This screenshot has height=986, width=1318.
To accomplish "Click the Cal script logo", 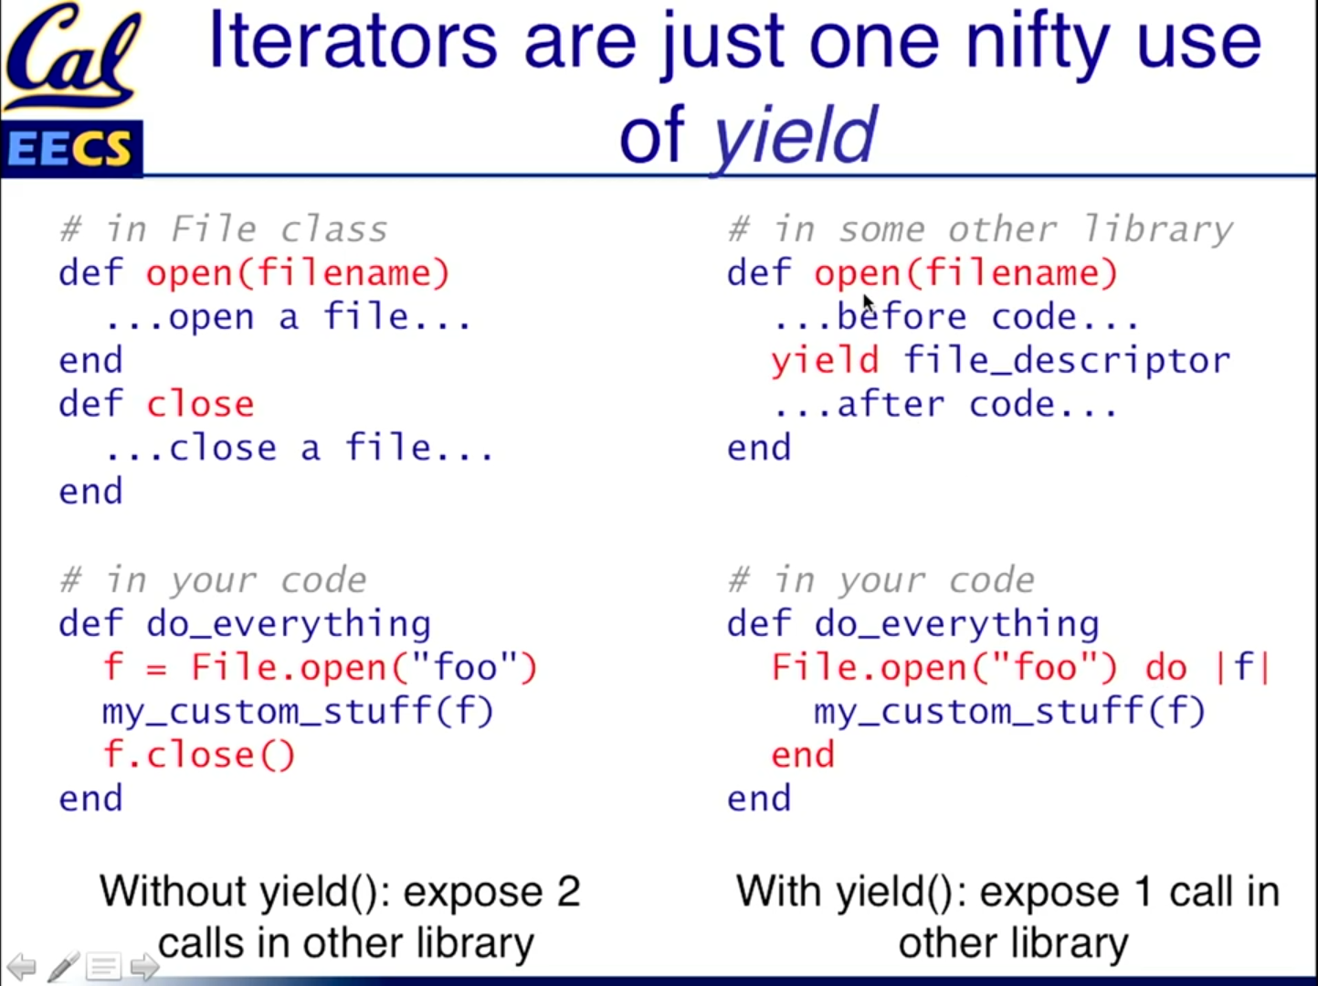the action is pos(73,57).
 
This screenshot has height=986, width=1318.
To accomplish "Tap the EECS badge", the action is pos(72,148).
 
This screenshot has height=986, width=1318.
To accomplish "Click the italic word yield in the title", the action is pos(794,135).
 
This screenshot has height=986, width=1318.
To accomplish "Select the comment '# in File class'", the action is pos(224,229).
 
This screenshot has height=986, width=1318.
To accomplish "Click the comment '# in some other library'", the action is pos(981,229).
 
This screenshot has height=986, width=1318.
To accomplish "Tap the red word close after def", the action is pos(201,404).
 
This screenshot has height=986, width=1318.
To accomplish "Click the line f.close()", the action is pos(199,755).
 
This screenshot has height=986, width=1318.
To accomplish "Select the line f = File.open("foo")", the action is pos(321,667).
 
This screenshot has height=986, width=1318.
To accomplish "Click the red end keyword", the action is pos(803,756).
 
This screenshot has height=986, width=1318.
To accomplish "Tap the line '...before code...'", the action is pos(956,317).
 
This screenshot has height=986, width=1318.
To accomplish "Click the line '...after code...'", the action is pos(945,404).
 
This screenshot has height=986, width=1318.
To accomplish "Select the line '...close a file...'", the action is pos(300,448).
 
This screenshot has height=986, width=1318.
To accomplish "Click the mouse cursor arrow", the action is pos(870,304).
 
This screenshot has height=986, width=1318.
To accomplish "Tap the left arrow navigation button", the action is pos(22,966).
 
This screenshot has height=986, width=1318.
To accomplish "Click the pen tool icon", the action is pos(63,966).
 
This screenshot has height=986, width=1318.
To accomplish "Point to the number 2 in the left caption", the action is pos(568,892).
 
